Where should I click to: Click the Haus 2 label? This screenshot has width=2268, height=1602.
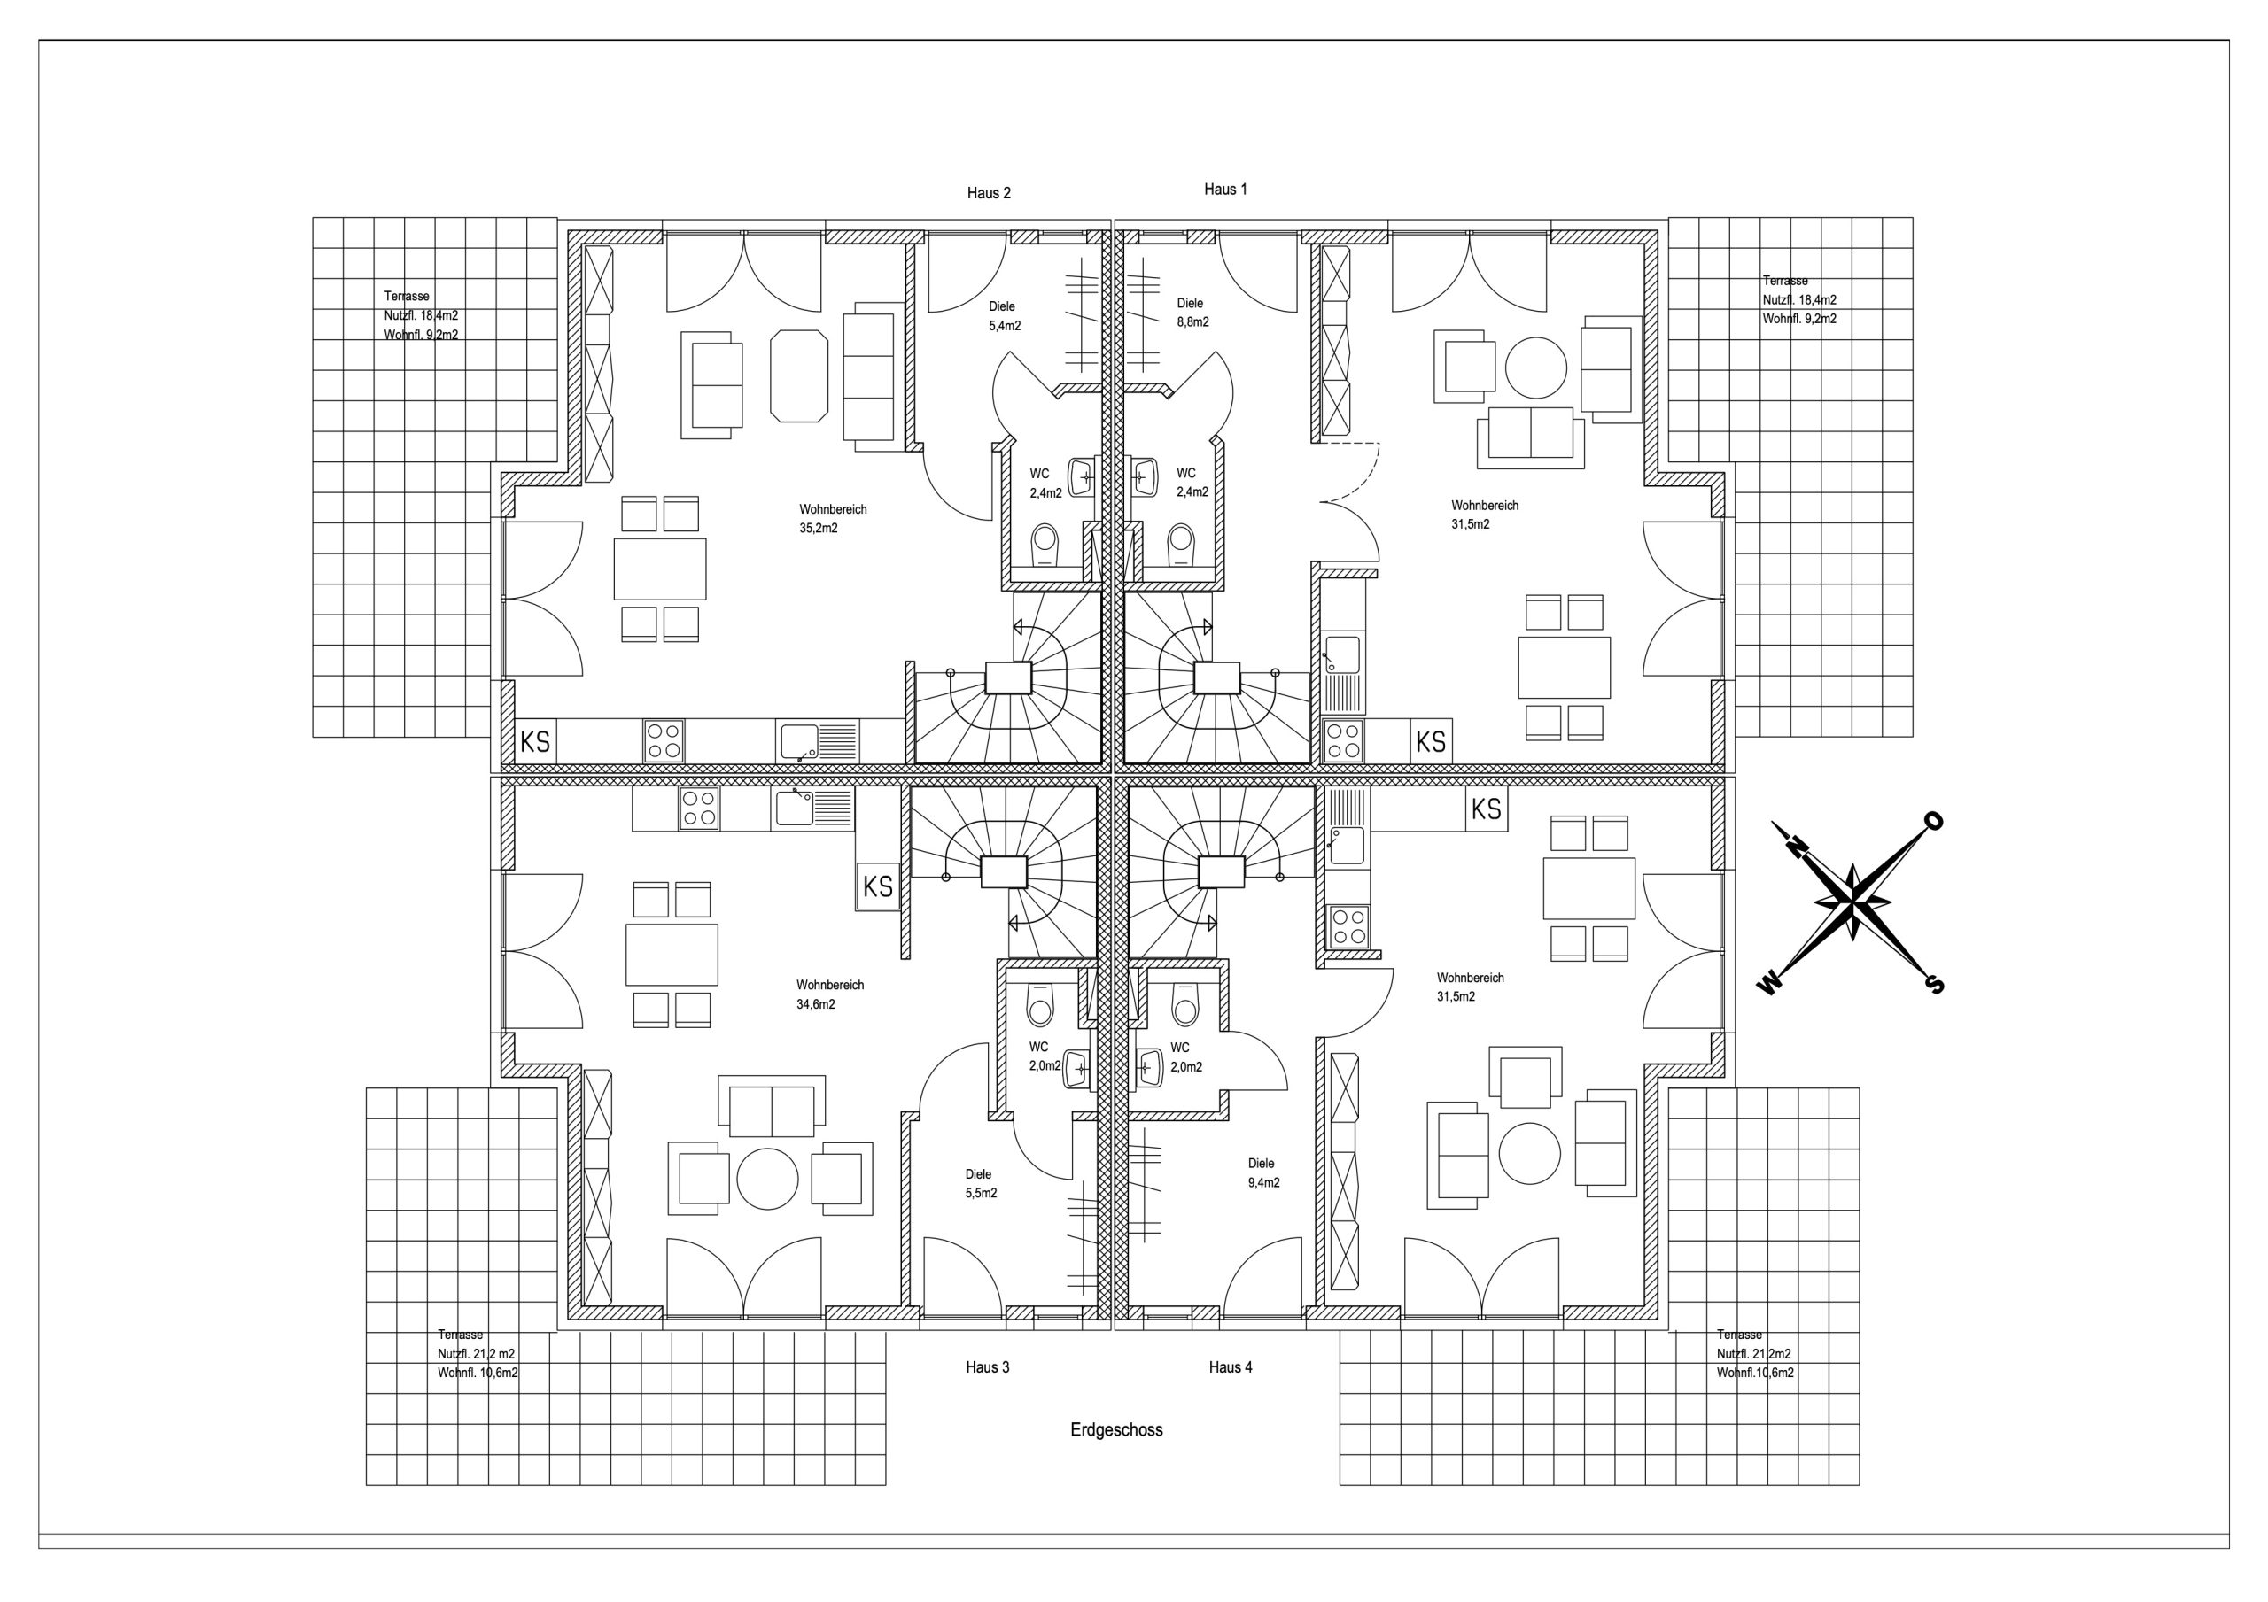click(989, 194)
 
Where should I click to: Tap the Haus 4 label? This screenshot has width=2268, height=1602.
click(1231, 1367)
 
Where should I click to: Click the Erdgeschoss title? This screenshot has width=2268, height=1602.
click(1116, 1430)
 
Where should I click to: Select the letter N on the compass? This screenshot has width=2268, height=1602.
click(1796, 845)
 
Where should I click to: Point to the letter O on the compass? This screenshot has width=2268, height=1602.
click(1933, 821)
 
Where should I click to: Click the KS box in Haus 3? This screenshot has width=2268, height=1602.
click(877, 886)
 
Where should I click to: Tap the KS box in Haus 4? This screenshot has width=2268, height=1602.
click(1487, 809)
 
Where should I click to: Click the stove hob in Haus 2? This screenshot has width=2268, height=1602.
click(664, 740)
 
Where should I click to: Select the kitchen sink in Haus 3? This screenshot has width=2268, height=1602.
click(813, 808)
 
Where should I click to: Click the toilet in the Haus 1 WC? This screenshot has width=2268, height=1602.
click(1180, 545)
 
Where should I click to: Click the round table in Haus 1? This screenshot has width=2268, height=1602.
click(1536, 368)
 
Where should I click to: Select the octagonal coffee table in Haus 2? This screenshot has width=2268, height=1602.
click(799, 375)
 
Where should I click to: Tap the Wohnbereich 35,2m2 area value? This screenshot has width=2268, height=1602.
click(819, 529)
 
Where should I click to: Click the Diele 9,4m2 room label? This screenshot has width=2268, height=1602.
click(1263, 1172)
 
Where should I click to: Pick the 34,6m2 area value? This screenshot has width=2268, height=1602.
click(816, 1004)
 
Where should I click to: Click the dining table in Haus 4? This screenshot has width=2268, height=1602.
click(1589, 889)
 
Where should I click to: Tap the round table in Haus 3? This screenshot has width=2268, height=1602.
click(767, 1180)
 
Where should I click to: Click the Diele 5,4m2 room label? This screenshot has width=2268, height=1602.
click(1005, 316)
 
